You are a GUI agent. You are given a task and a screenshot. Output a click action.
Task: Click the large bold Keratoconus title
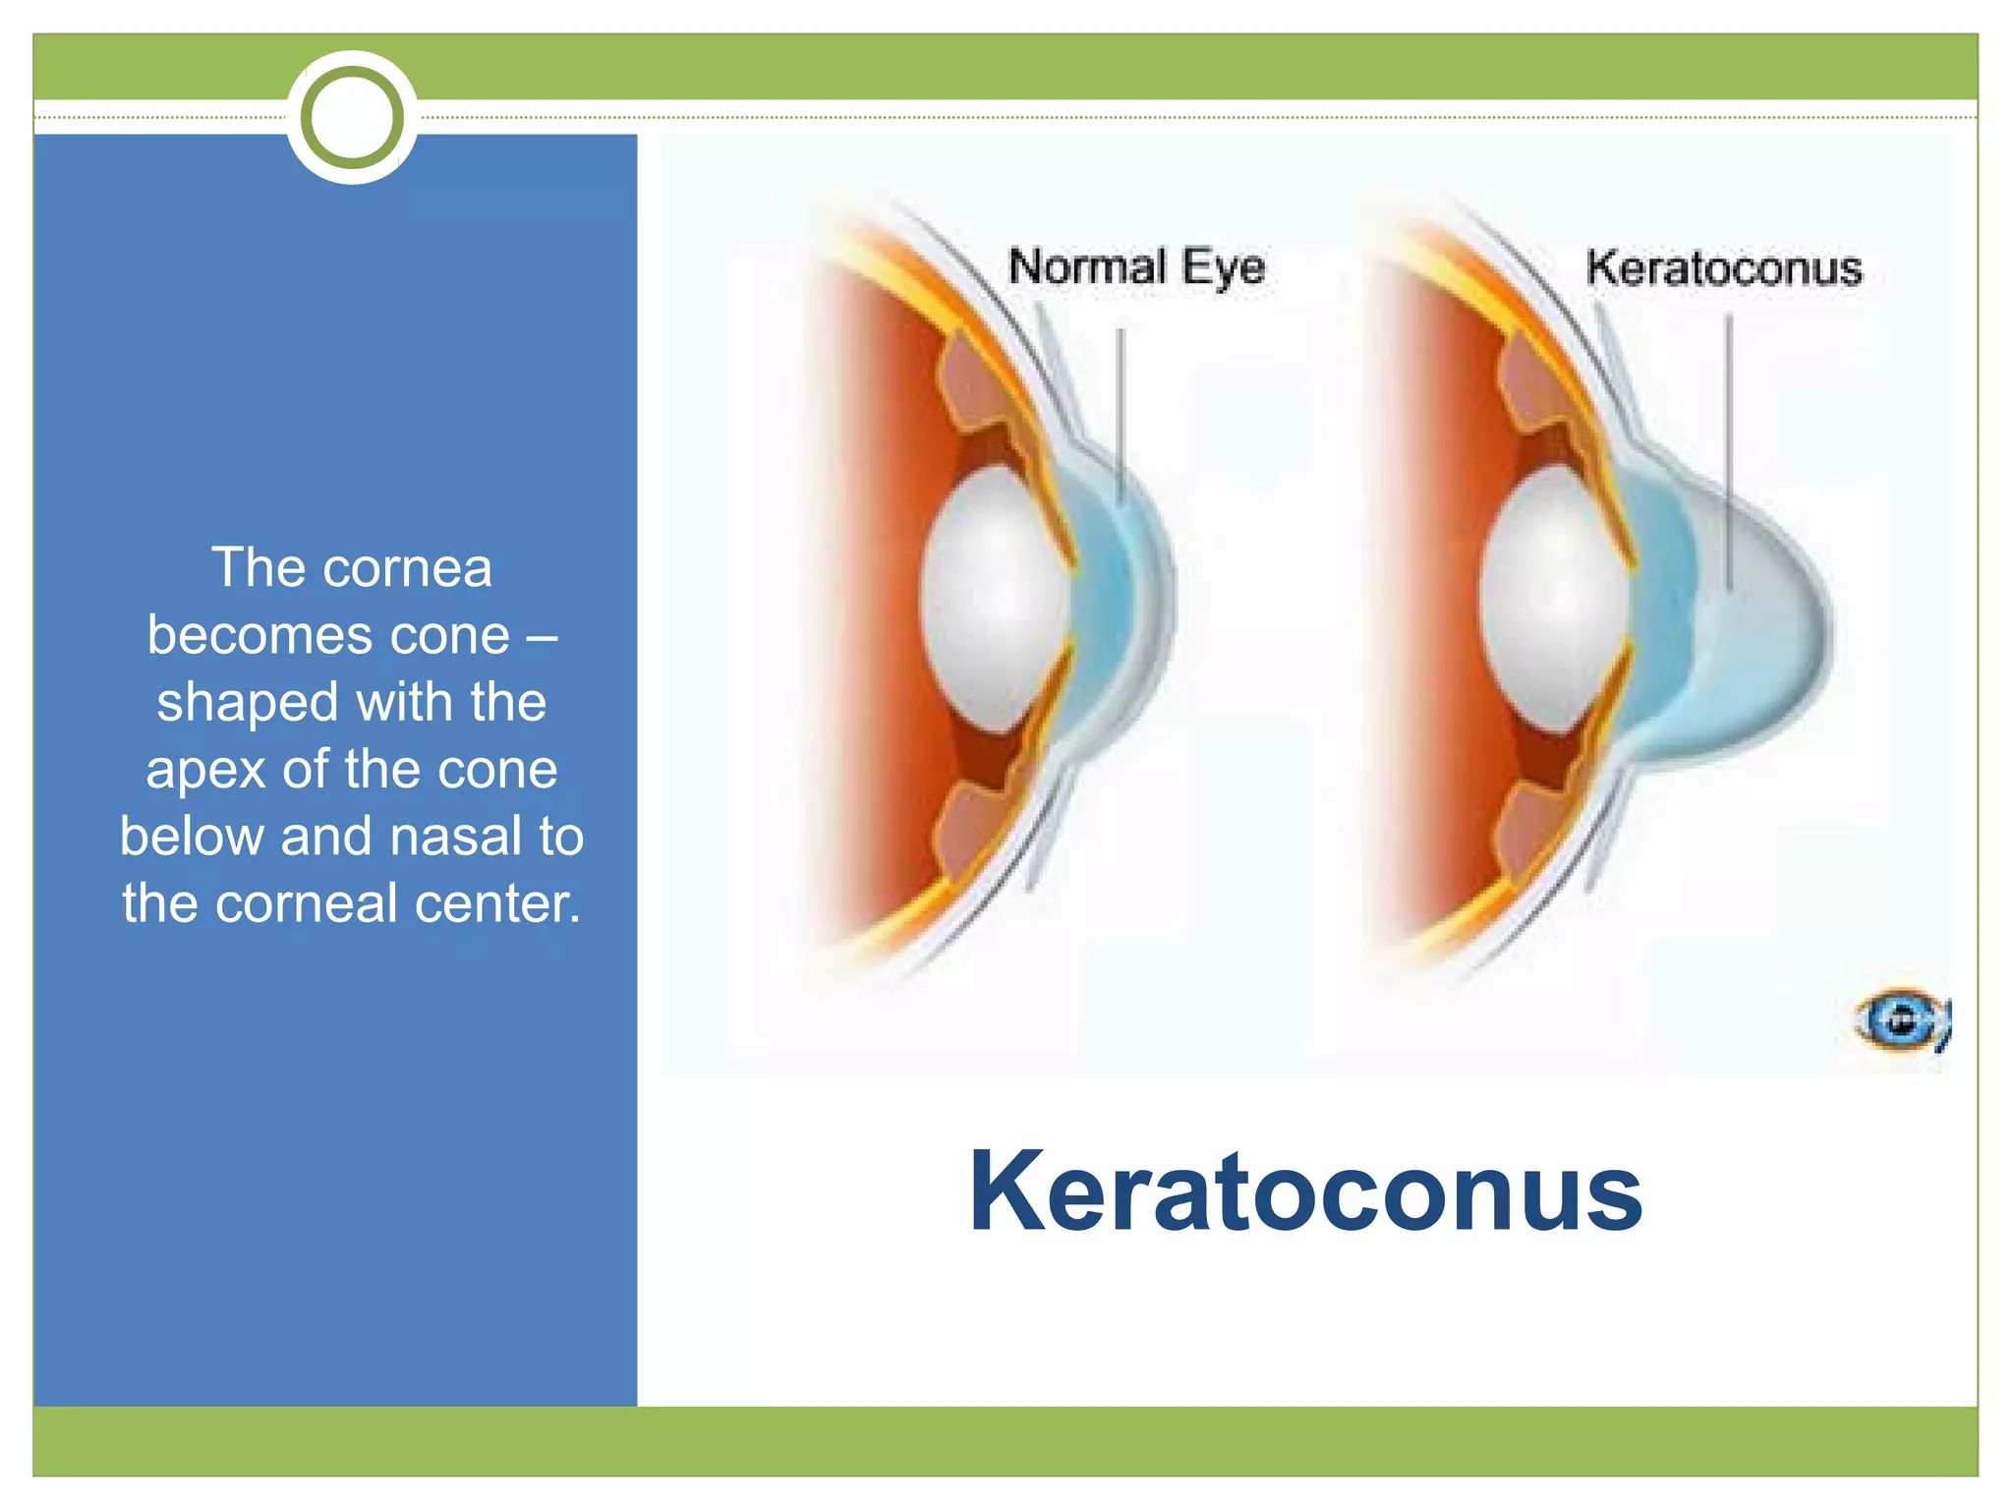click(x=1305, y=1191)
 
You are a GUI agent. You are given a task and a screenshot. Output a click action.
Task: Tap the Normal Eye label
click(x=1136, y=267)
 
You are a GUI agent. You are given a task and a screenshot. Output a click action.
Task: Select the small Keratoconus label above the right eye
click(x=1724, y=268)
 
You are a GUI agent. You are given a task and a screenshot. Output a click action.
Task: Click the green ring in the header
click(x=352, y=117)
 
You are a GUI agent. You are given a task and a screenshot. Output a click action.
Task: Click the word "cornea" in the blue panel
click(x=407, y=568)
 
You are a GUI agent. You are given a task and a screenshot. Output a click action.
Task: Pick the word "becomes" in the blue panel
click(x=260, y=635)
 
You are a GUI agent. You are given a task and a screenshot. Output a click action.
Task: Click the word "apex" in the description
click(x=205, y=770)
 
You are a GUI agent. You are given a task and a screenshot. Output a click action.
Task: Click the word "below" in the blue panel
click(x=192, y=837)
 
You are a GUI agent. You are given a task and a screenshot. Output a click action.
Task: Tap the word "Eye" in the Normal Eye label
click(x=1223, y=267)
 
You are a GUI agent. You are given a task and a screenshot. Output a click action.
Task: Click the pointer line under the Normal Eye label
click(x=1120, y=413)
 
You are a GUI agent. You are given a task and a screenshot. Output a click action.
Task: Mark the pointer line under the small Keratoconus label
click(x=1729, y=452)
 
